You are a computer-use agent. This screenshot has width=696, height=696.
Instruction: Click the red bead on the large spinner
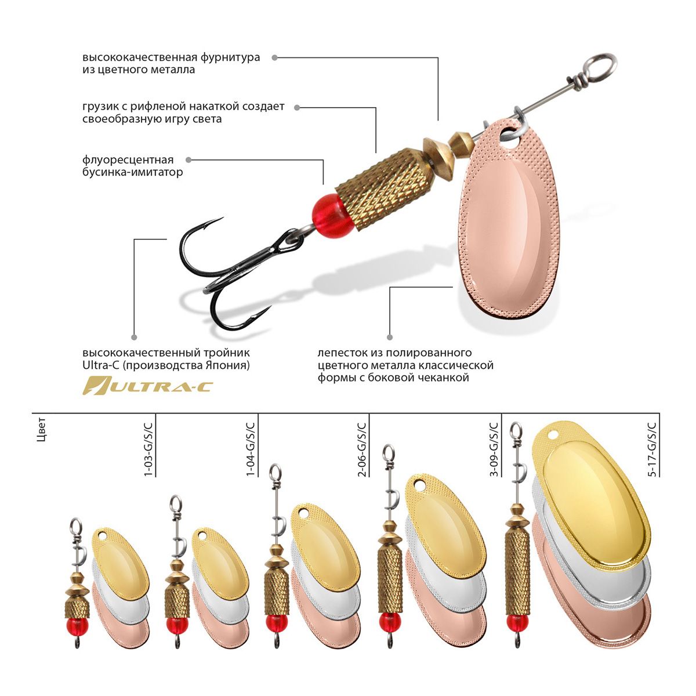[332, 216]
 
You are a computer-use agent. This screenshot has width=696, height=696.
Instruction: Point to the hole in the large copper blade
[510, 137]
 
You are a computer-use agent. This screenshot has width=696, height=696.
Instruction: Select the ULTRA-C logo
[147, 385]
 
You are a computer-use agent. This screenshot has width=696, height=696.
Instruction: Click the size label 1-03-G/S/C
[148, 449]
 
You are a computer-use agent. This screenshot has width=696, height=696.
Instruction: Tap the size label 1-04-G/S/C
[251, 449]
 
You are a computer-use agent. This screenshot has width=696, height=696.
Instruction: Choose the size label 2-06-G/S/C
[362, 449]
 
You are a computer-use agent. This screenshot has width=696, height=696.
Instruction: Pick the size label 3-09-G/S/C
[494, 449]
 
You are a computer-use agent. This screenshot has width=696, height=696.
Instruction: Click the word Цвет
[42, 430]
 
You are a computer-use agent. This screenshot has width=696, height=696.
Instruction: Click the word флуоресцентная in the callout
[128, 159]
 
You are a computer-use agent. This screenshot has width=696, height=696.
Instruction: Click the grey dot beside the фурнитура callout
[274, 57]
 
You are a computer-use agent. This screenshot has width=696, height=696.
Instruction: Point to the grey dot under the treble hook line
[134, 338]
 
